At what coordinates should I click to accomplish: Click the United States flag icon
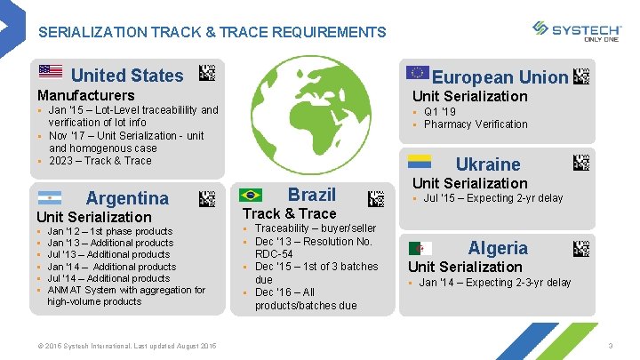point(51,72)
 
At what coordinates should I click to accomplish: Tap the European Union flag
point(417,73)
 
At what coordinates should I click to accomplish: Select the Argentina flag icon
point(50,197)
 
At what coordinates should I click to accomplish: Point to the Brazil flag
point(251,195)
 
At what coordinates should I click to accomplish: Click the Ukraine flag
point(420,161)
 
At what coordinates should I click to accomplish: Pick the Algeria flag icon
point(420,249)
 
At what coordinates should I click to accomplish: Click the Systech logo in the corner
point(577,31)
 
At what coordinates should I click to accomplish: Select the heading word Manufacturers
point(85,95)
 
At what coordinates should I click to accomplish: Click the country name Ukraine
point(488,164)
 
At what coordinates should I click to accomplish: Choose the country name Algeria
point(498,248)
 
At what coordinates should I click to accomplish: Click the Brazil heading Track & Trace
point(290,213)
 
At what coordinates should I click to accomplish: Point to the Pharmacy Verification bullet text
point(476,124)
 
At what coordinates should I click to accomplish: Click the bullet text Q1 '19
point(440,112)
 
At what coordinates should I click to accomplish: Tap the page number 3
point(611,345)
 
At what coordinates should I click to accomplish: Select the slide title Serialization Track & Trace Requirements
point(212,32)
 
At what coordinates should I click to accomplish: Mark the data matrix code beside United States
point(206,72)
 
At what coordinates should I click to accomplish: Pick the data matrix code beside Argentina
point(206,197)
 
